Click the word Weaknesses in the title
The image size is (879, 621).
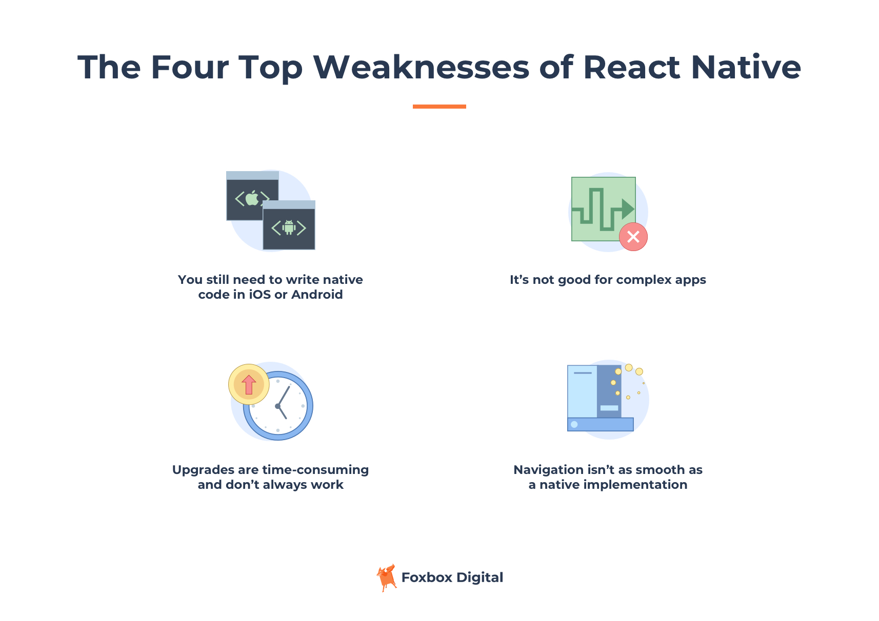pyautogui.click(x=421, y=67)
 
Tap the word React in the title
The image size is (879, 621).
pyautogui.click(x=632, y=67)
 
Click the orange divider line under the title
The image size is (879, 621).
pyautogui.click(x=439, y=106)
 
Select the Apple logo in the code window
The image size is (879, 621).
pyautogui.click(x=252, y=198)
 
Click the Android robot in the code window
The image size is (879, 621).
pyautogui.click(x=289, y=227)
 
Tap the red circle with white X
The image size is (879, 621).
pyautogui.click(x=633, y=237)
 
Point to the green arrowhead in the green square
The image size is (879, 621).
pyautogui.click(x=628, y=209)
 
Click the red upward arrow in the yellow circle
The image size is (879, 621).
pyautogui.click(x=249, y=385)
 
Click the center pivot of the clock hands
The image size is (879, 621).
pyautogui.click(x=278, y=406)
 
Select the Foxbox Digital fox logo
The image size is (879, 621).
pyautogui.click(x=387, y=577)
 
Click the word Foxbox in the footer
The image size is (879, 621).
pyautogui.click(x=427, y=577)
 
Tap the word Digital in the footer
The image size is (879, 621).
pyautogui.click(x=480, y=578)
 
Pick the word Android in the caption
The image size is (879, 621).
pyautogui.click(x=317, y=295)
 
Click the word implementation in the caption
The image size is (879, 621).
pyautogui.click(x=635, y=485)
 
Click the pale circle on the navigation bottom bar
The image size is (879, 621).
pyautogui.click(x=574, y=424)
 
